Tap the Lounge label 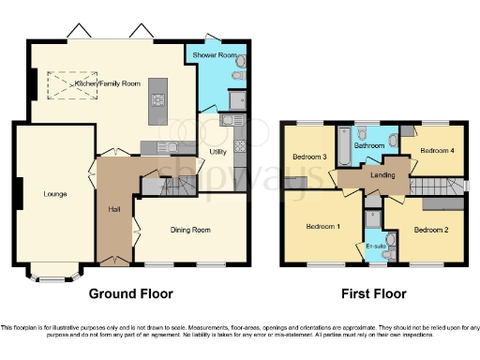(x=54, y=195)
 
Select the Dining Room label (x=189, y=229)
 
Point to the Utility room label (x=217, y=151)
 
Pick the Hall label (x=113, y=209)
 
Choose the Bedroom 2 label (x=433, y=229)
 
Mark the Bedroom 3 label (x=309, y=157)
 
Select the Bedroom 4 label (x=437, y=150)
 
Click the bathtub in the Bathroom (x=343, y=146)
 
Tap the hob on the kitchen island (x=157, y=99)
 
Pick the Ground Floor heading (x=131, y=293)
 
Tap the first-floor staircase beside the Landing (x=441, y=186)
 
